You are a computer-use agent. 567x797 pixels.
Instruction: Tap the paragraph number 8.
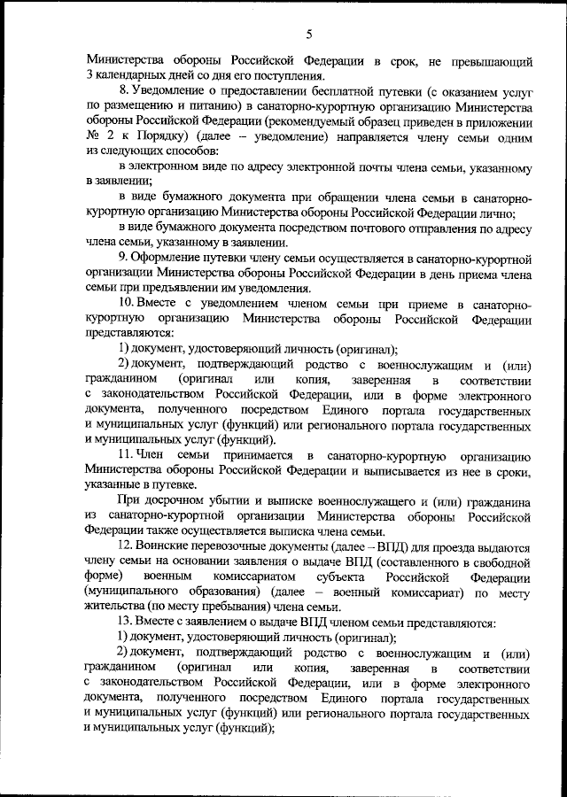point(121,91)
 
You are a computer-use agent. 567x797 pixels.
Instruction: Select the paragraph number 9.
point(121,259)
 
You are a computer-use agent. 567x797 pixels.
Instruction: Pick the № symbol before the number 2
point(94,139)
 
